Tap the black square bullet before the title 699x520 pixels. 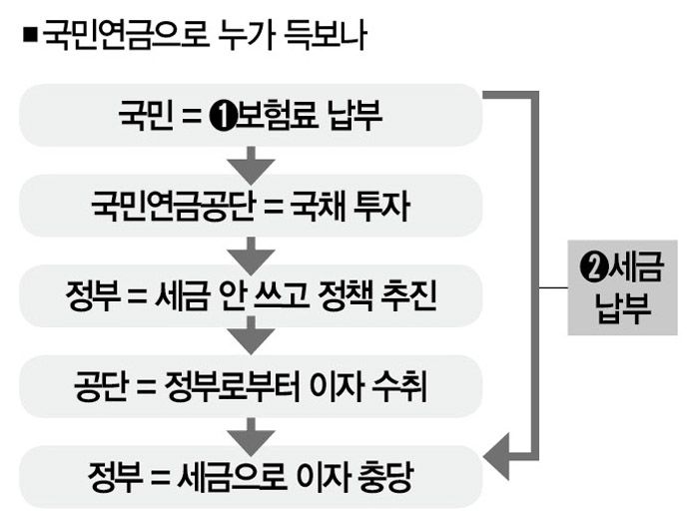[x=28, y=36]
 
